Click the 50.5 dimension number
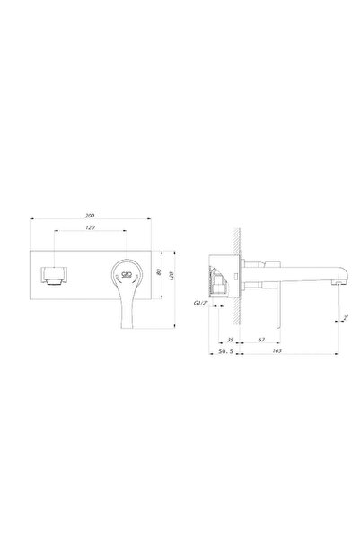coord(225,354)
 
